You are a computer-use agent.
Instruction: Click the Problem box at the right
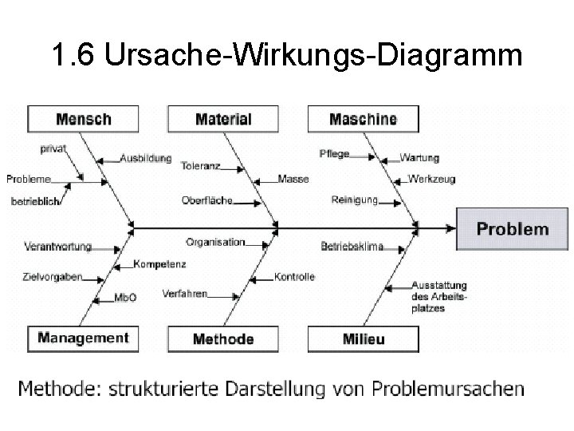[x=513, y=229]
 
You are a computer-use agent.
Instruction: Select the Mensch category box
[x=83, y=120]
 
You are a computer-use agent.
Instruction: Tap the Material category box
[x=222, y=120]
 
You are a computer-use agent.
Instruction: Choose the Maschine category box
[x=363, y=120]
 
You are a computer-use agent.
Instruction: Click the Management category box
[x=83, y=338]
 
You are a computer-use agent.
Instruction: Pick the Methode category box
[x=223, y=339]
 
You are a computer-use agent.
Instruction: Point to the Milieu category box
[x=363, y=339]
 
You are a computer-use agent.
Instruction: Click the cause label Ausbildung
[x=145, y=158]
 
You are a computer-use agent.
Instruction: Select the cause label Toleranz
[x=201, y=167]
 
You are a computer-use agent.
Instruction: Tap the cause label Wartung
[x=419, y=158]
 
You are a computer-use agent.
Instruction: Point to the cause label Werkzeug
[x=431, y=179]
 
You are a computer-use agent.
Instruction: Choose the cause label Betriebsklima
[x=352, y=247]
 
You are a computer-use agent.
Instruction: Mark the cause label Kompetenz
[x=160, y=263]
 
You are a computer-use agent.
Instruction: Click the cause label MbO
[x=126, y=298]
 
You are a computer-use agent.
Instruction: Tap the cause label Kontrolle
[x=294, y=277]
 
